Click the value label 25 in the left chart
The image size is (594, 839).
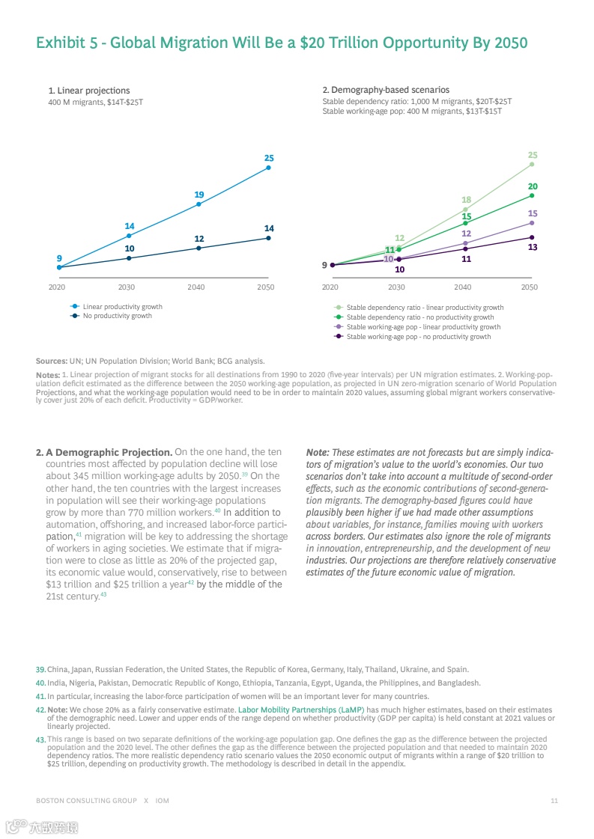(x=269, y=158)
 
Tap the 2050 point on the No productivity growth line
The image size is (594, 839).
(x=268, y=238)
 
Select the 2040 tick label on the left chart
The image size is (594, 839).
(x=196, y=287)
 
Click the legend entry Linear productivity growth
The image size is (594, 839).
(x=122, y=307)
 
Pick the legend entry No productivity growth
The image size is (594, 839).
(x=117, y=316)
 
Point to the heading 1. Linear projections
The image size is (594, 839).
(x=88, y=91)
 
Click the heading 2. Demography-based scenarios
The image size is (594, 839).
(x=386, y=91)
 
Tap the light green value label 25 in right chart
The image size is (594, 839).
(x=533, y=155)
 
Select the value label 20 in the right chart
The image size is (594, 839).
(x=533, y=186)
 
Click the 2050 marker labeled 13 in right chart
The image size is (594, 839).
(x=531, y=237)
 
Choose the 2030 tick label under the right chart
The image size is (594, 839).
(x=396, y=287)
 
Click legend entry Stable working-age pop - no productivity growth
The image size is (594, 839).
(x=419, y=337)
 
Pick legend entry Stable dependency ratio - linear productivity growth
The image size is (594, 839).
(x=425, y=308)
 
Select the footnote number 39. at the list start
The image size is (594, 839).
(x=40, y=669)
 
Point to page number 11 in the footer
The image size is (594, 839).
(x=554, y=801)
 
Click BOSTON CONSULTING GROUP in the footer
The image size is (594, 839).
(x=86, y=801)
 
